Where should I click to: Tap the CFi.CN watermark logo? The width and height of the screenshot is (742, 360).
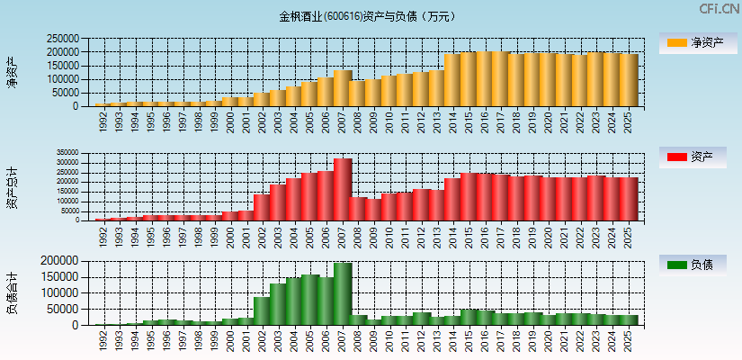[x=720, y=9]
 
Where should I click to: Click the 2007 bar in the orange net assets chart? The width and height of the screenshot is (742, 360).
[x=343, y=88]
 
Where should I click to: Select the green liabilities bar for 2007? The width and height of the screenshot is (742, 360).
[x=343, y=293]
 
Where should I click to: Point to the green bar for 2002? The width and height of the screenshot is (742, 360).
[x=262, y=310]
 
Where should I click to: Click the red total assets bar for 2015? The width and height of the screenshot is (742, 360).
[x=469, y=196]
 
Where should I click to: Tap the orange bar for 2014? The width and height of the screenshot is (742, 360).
[x=452, y=80]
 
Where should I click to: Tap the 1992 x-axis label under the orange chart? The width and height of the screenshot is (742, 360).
[x=103, y=121]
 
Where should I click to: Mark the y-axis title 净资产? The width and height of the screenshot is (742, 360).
[x=12, y=72]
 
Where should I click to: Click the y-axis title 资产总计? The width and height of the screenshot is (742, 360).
[x=12, y=186]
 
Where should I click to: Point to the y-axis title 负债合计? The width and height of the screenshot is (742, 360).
[x=12, y=292]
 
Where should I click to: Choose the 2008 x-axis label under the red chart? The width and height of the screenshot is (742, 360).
[x=358, y=236]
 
